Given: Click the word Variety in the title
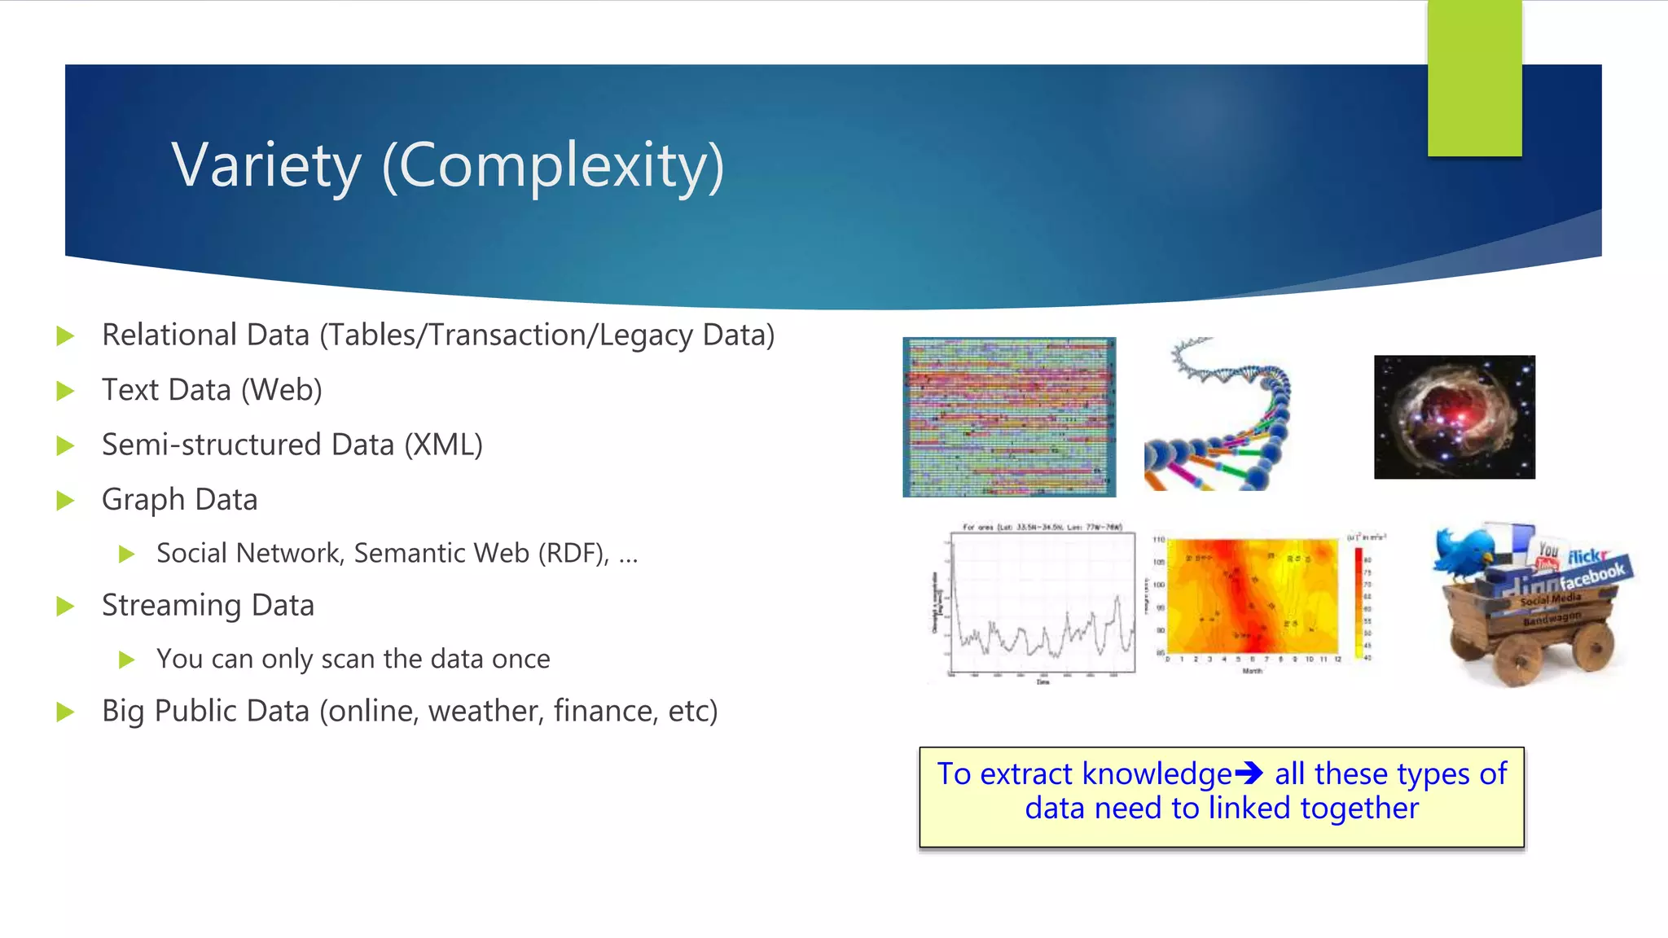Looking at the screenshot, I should [266, 165].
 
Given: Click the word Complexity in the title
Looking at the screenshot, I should [553, 165].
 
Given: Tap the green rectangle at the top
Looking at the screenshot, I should [1474, 78].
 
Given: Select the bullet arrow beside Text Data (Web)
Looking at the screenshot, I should [65, 391].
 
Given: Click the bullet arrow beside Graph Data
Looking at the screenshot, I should [65, 500].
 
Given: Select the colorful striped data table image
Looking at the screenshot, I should [1009, 417].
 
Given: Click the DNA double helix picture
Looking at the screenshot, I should [1218, 415].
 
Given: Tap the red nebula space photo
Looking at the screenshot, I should [1454, 417].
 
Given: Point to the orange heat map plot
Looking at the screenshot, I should [1253, 598].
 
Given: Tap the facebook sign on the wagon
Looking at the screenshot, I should [1591, 576].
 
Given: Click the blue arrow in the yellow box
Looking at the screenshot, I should [1249, 773].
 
